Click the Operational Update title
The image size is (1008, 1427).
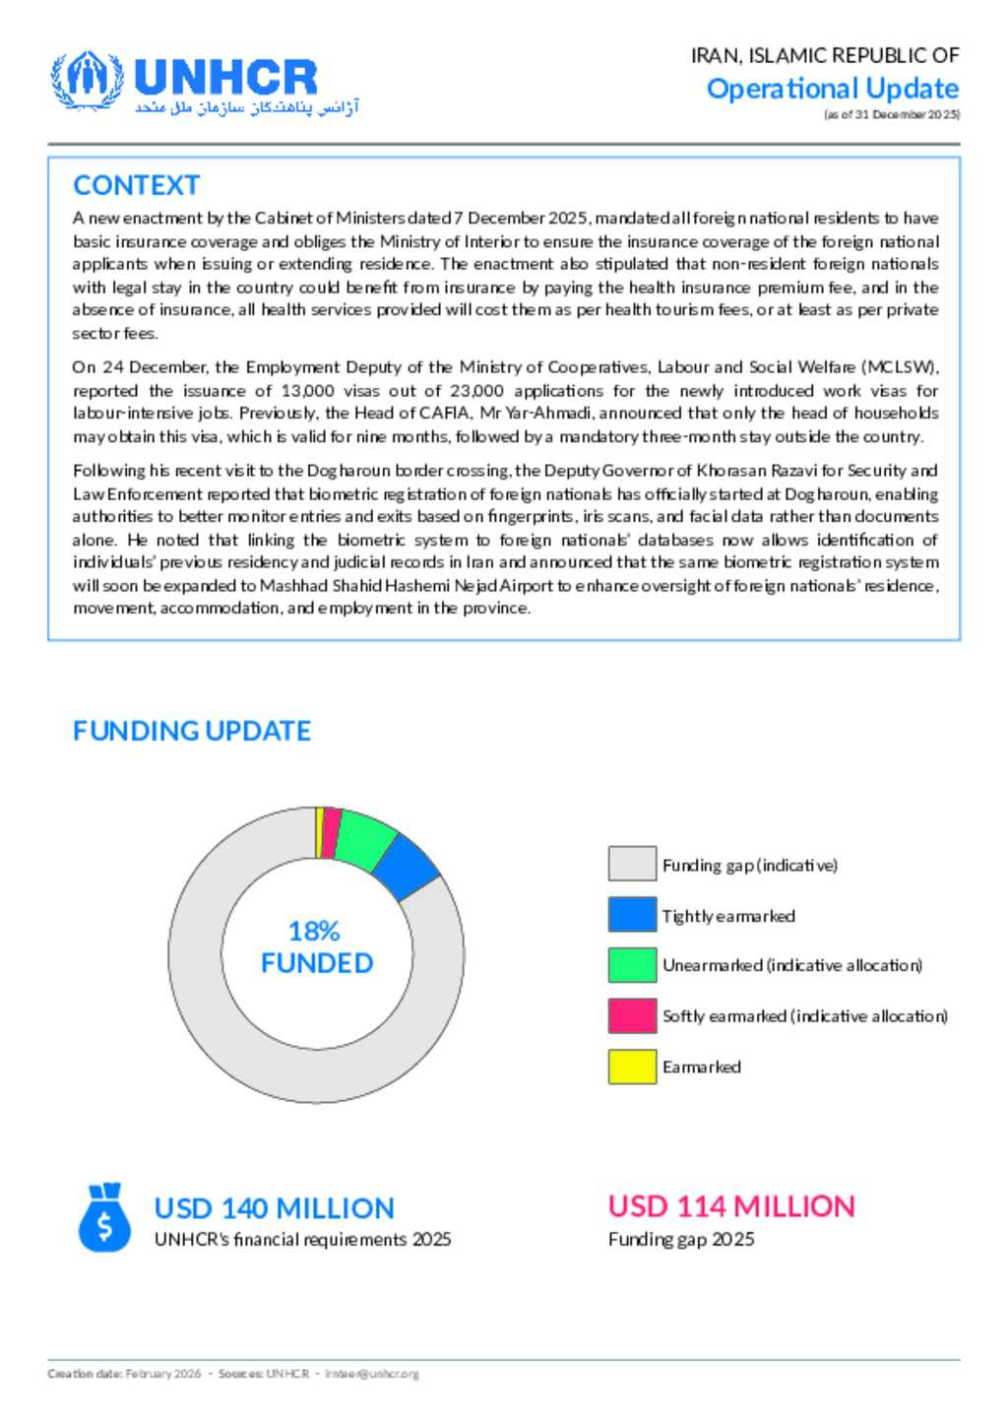tap(832, 89)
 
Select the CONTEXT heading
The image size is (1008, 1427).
tap(136, 185)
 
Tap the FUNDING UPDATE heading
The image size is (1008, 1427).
tap(192, 731)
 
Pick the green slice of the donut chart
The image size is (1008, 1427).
tap(364, 840)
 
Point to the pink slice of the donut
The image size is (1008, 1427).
tap(331, 833)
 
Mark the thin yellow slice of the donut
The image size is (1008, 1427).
tap(319, 832)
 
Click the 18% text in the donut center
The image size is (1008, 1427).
tap(314, 931)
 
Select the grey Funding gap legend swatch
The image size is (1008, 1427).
tap(632, 864)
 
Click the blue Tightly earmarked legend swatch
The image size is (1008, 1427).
tap(632, 915)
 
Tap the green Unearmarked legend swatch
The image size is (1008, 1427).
tap(632, 965)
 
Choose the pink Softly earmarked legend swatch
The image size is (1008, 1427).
tap(632, 1015)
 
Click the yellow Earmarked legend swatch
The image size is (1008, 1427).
tap(632, 1067)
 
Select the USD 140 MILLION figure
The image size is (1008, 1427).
tap(274, 1208)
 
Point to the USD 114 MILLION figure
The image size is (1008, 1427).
tap(731, 1206)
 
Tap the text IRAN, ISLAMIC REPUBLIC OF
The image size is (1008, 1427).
tap(825, 55)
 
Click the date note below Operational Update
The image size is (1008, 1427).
tap(892, 114)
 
